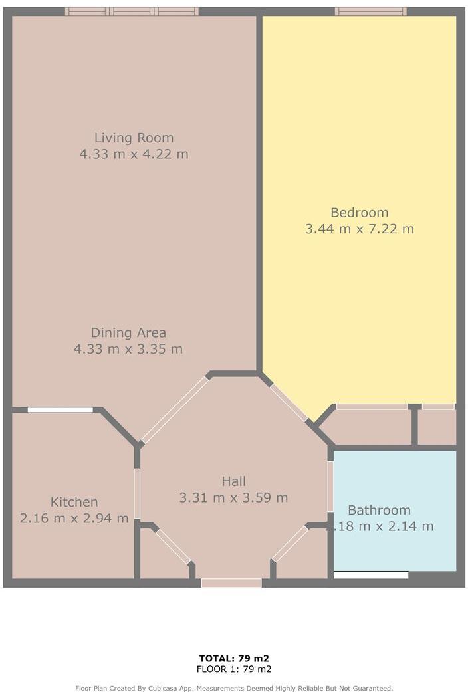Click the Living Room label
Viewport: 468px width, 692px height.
pos(134,138)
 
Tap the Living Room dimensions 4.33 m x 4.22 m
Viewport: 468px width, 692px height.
pos(134,154)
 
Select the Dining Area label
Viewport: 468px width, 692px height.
pos(128,332)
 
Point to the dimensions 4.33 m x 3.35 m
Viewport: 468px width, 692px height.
pos(128,348)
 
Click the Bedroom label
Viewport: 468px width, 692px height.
pos(359,213)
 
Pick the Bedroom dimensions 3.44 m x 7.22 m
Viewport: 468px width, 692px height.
pos(359,229)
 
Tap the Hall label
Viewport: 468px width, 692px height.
pos(233,481)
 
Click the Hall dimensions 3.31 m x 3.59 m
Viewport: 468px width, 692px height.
pos(233,497)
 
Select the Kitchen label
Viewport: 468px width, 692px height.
pos(74,502)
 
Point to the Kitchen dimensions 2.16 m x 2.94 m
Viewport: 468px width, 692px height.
pos(74,518)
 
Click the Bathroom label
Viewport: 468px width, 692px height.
pos(379,510)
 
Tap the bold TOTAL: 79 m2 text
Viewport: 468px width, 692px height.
pos(233,659)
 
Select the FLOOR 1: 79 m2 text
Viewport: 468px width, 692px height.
pos(233,669)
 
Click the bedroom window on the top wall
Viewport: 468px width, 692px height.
pos(370,11)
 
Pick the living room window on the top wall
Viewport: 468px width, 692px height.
pos(132,11)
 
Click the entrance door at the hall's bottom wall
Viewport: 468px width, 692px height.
pos(231,583)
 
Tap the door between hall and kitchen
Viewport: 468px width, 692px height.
pos(137,493)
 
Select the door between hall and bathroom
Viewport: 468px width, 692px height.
pos(330,487)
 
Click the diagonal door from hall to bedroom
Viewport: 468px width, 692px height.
pos(289,402)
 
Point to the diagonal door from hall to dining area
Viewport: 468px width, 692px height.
pos(175,409)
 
